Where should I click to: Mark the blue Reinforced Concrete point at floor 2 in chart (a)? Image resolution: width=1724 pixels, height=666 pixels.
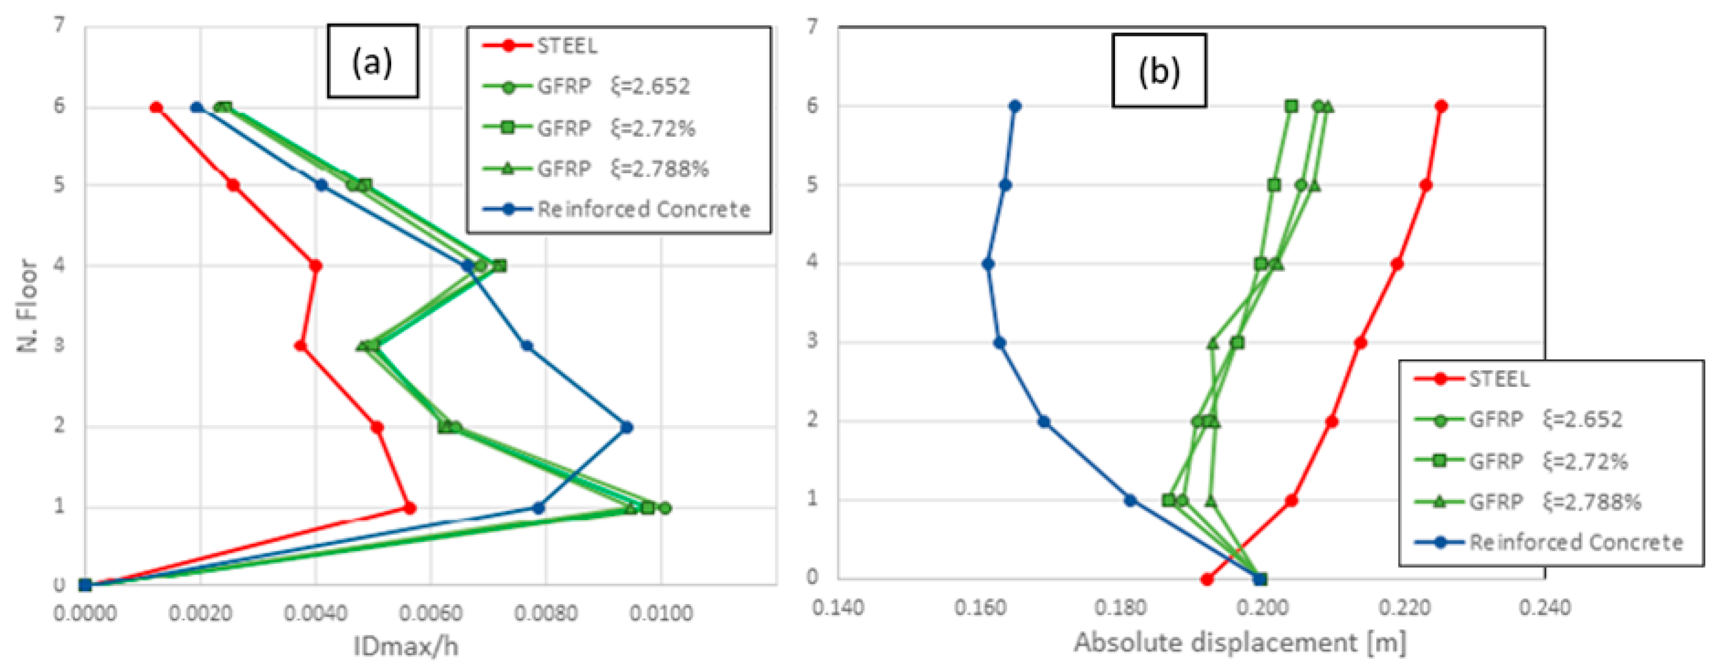coord(627,427)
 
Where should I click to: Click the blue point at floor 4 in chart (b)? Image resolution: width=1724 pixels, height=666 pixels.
coord(988,264)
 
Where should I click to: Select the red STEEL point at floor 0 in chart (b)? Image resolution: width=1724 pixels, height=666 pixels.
coord(1207,580)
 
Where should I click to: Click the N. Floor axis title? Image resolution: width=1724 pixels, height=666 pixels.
coord(28,305)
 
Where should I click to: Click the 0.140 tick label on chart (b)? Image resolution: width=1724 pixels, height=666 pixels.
coord(838,608)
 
